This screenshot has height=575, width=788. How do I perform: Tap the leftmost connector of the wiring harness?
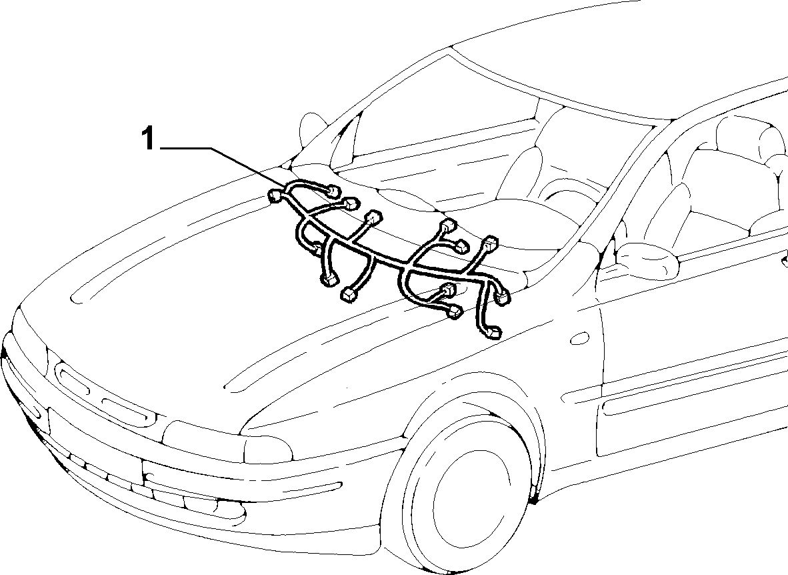(275, 195)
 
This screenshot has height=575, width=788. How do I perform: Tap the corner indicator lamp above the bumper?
(267, 447)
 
